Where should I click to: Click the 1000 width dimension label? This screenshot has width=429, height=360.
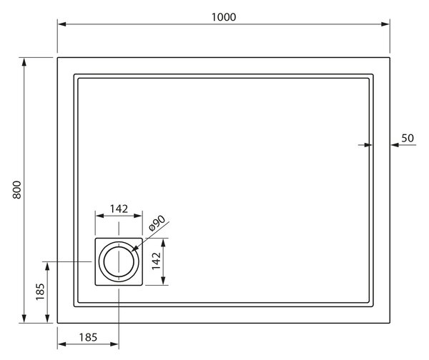pyautogui.click(x=224, y=17)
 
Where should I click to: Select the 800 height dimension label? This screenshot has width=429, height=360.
pyautogui.click(x=17, y=190)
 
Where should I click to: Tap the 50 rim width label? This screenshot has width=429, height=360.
pyautogui.click(x=408, y=139)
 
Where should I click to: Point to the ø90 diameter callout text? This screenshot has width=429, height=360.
pyautogui.click(x=157, y=224)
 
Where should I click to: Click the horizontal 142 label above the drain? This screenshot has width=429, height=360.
pyautogui.click(x=119, y=209)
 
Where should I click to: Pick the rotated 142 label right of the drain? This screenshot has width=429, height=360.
pyautogui.click(x=156, y=261)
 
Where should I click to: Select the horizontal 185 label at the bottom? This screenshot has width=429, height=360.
pyautogui.click(x=88, y=338)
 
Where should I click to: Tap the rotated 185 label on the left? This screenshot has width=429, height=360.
pyautogui.click(x=40, y=292)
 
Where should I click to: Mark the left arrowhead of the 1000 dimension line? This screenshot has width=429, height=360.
pyautogui.click(x=61, y=24)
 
